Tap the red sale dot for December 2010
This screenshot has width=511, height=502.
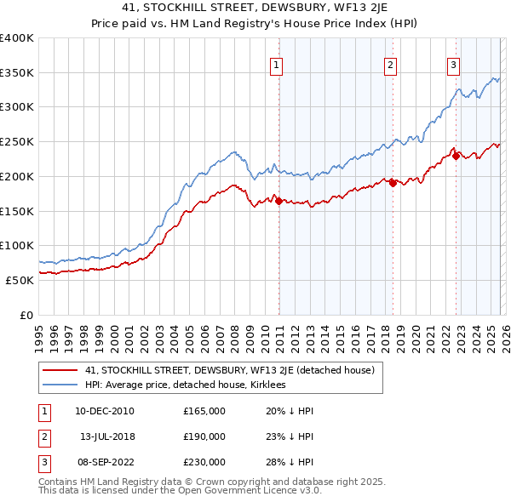tap(278, 201)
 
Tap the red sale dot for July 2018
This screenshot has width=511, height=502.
tap(393, 183)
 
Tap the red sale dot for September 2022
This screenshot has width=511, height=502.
tap(456, 156)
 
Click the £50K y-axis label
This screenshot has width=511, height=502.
tap(20, 279)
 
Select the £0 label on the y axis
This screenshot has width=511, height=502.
tap(26, 314)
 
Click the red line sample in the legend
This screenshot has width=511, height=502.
tap(60, 369)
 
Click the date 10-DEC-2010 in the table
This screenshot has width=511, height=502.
tap(105, 411)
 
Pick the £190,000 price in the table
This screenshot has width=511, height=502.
tap(204, 436)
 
